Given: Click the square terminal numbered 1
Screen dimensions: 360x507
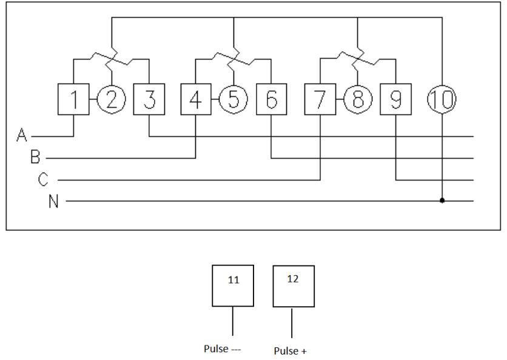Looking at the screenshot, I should (x=73, y=99).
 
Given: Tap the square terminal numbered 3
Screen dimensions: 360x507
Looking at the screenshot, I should (x=149, y=99).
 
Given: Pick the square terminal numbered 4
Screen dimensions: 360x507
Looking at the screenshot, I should (x=196, y=99).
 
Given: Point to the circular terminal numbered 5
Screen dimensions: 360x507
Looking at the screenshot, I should (x=233, y=99).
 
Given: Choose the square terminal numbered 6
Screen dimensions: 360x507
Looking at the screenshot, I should (x=271, y=99).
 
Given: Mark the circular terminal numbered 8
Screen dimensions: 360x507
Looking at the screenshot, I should (x=358, y=99).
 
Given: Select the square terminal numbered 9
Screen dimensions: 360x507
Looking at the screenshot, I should (x=395, y=99).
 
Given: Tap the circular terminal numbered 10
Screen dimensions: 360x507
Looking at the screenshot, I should (x=442, y=99).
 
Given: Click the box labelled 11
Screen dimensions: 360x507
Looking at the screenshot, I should (x=233, y=285).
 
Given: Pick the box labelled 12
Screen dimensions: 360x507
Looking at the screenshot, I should (x=294, y=285).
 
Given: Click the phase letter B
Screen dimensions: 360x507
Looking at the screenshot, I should (x=35, y=158).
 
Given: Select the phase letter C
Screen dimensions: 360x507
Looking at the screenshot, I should (x=43, y=180).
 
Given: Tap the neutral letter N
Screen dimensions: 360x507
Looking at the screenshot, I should (x=54, y=201).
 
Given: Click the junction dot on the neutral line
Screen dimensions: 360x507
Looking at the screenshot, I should (x=442, y=201).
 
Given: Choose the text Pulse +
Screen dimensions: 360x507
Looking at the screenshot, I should (x=290, y=351).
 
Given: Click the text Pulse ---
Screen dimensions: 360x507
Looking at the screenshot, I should (x=224, y=349).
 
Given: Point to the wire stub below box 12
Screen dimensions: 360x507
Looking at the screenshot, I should (x=292, y=323).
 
